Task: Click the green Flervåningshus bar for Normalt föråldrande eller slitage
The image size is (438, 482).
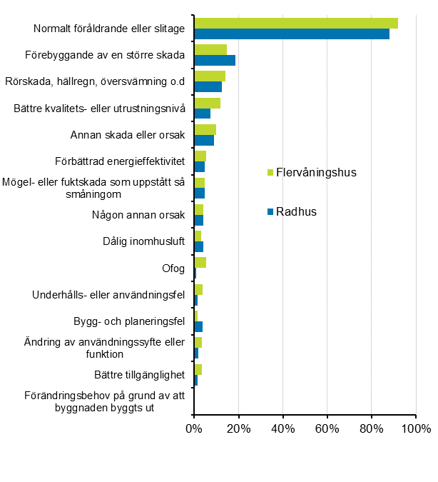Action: [295, 23]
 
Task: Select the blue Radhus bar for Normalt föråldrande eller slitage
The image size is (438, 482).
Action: [291, 34]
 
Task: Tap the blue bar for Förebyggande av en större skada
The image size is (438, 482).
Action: [214, 60]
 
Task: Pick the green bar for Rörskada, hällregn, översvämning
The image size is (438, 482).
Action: [210, 76]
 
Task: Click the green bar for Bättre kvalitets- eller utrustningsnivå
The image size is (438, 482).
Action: [207, 103]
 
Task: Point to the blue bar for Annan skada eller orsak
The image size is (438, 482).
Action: [204, 140]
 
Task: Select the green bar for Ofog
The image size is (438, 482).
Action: [200, 262]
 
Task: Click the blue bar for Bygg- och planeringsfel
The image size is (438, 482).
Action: [198, 326]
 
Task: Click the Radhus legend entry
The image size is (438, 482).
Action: [297, 211]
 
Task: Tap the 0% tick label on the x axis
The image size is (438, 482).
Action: [194, 429]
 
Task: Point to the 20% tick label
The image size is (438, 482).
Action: [238, 429]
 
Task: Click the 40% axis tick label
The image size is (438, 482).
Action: [283, 429]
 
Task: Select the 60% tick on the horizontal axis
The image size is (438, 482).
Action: [327, 429]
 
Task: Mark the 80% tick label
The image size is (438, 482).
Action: [372, 429]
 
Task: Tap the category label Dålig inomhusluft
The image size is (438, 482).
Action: [143, 241]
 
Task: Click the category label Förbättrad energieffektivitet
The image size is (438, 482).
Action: [120, 161]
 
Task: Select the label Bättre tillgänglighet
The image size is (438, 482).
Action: [139, 374]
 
